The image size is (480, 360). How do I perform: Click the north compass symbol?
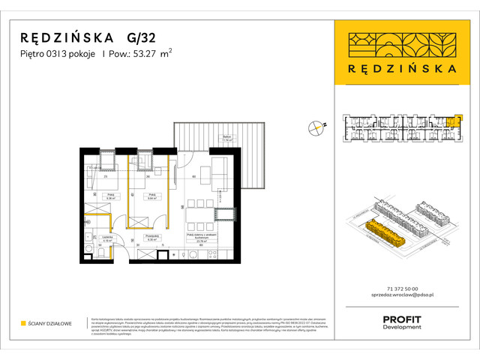pyautogui.click(x=317, y=127)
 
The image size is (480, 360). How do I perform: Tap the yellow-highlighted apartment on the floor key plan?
pyautogui.click(x=450, y=121)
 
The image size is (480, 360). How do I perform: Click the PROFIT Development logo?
pyautogui.click(x=402, y=322)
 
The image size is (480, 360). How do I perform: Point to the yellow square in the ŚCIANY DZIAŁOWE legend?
pyautogui.click(x=23, y=323)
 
